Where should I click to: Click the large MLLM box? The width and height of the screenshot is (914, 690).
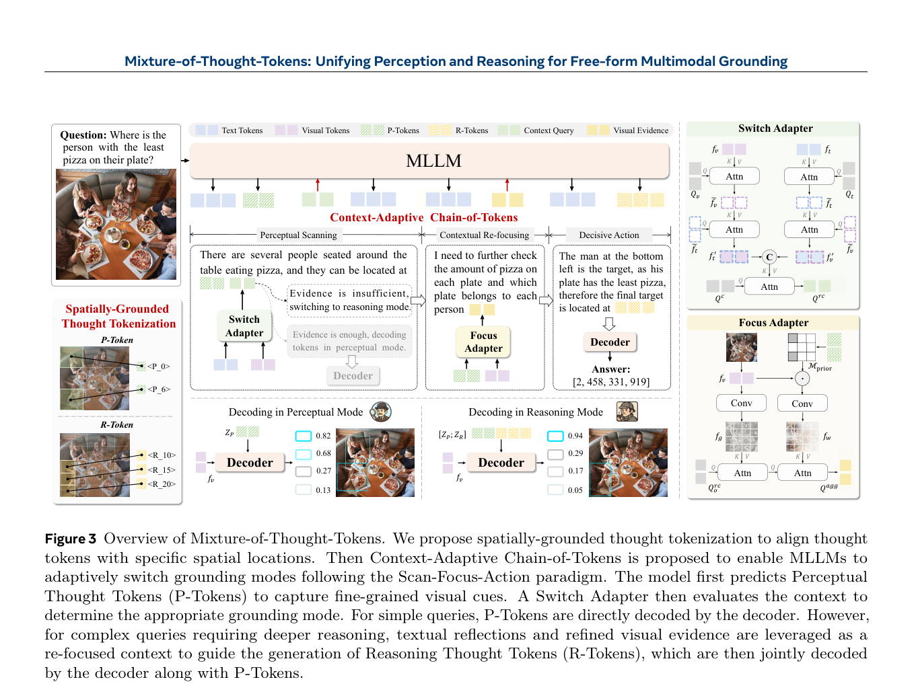pos(429,161)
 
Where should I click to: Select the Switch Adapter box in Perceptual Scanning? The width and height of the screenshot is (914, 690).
pos(244,325)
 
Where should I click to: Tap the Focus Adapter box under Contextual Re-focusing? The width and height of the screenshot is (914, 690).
pos(483,342)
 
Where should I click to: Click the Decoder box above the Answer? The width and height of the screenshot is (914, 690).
pos(610,342)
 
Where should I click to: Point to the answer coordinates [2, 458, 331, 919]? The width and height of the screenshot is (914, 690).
pos(611,381)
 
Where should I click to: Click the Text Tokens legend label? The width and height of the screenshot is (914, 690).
pos(242,130)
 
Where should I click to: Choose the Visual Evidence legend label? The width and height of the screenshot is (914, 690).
pos(641,130)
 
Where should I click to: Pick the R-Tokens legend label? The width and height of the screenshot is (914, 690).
pos(471,130)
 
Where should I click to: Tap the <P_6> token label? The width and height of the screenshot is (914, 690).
pos(159,389)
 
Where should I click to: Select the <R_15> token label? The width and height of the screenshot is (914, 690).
pos(161,469)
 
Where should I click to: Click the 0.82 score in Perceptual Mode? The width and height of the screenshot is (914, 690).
pos(322,436)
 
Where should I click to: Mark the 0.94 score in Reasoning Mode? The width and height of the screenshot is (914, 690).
pos(575,436)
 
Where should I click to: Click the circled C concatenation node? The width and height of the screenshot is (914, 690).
pos(769,257)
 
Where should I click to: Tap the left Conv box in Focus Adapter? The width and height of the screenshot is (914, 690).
pos(741,403)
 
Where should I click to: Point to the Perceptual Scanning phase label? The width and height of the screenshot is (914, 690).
pos(298,235)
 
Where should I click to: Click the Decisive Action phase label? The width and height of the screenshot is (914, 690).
pos(609,235)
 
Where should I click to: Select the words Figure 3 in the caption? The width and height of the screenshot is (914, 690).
pos(71,539)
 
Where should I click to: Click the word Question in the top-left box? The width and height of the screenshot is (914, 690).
pos(83,135)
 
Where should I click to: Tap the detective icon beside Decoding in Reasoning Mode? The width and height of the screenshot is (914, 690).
pos(627,412)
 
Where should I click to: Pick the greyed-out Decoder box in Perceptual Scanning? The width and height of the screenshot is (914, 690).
pos(353,375)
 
